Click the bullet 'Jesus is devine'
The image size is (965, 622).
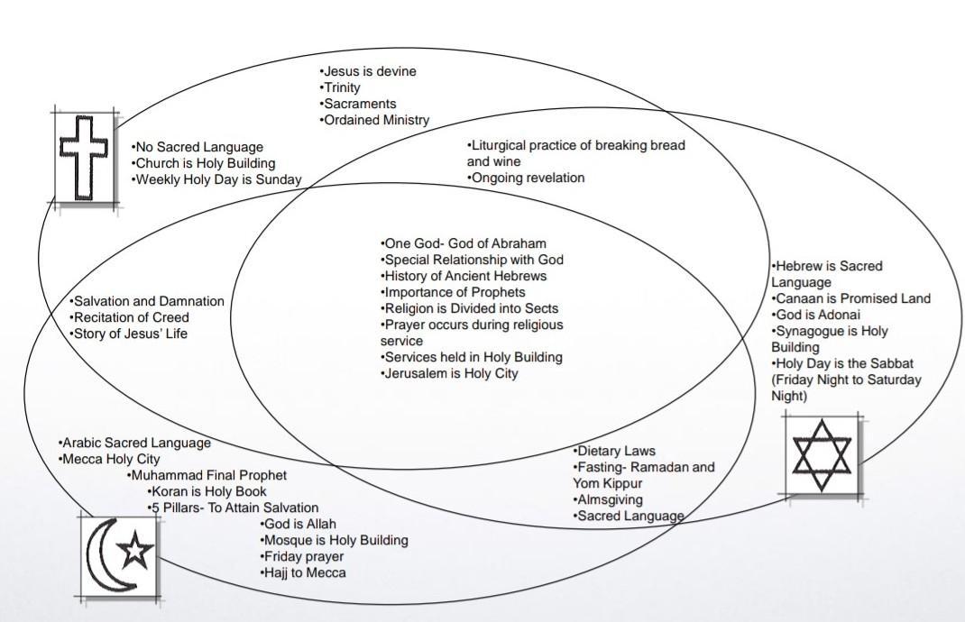click(368, 71)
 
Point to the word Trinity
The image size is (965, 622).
click(342, 87)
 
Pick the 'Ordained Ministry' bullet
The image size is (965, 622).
click(375, 120)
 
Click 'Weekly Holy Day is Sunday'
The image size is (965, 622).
click(216, 179)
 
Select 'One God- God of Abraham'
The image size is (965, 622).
click(464, 243)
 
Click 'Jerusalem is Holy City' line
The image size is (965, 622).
click(450, 373)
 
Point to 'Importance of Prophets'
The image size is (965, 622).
click(454, 292)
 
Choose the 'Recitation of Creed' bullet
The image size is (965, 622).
click(130, 317)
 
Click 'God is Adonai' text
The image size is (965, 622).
click(816, 315)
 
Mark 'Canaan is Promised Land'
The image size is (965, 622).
click(851, 298)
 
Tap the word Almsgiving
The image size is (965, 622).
click(609, 499)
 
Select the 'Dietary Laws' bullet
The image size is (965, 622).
click(615, 451)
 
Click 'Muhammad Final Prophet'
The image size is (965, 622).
click(208, 475)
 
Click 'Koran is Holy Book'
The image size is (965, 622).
click(207, 491)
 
